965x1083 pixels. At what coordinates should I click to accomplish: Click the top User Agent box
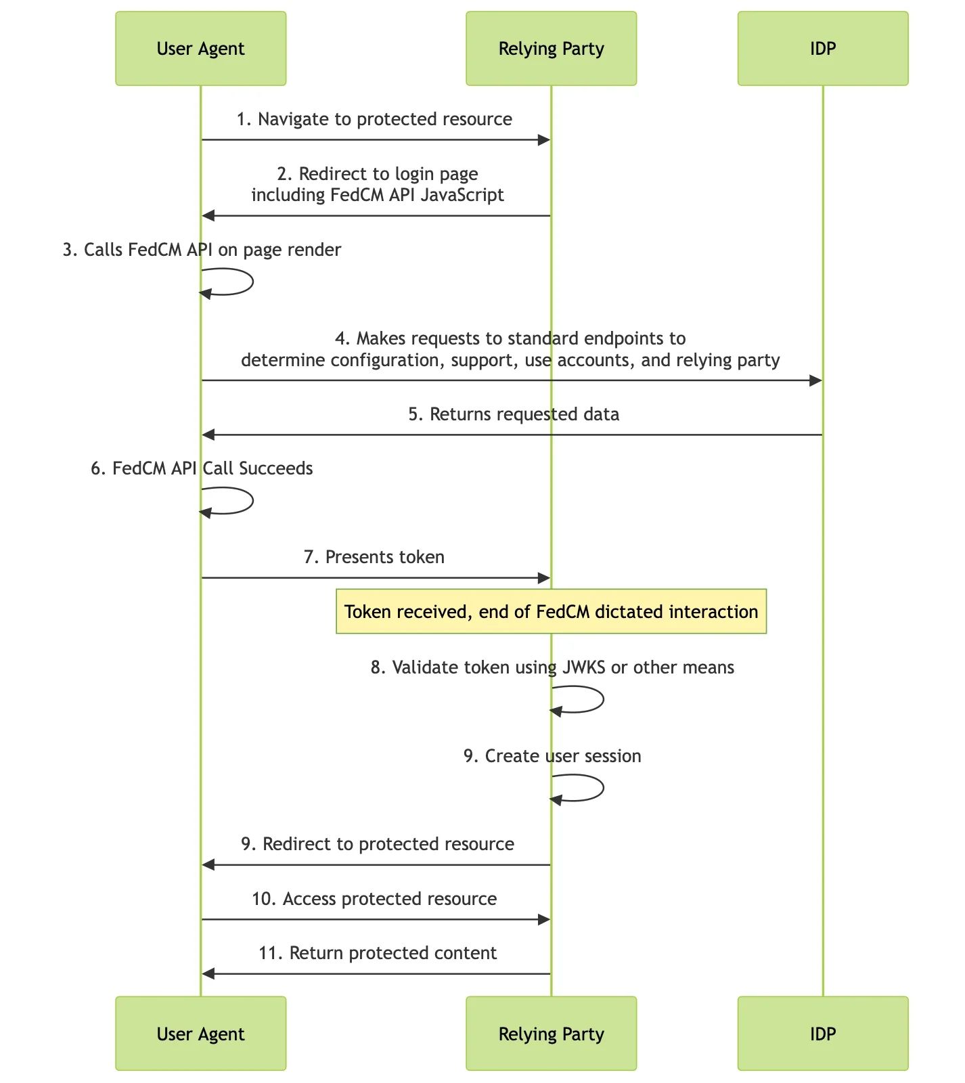click(201, 48)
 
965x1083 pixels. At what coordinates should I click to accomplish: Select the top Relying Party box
click(552, 48)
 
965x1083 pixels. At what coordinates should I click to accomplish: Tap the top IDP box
click(823, 48)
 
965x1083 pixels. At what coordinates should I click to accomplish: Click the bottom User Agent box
click(201, 1033)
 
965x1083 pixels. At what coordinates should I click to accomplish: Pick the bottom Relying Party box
click(552, 1033)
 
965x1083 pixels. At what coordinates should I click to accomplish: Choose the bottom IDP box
click(823, 1033)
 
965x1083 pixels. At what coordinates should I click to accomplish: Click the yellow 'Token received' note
click(552, 611)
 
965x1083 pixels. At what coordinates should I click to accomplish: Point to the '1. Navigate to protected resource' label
click(374, 119)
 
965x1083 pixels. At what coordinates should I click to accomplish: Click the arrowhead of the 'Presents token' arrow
click(544, 578)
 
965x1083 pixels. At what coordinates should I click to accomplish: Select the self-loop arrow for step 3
click(253, 282)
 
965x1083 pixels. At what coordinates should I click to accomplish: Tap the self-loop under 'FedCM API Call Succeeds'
click(253, 501)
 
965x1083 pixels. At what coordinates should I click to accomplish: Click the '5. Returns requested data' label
click(514, 414)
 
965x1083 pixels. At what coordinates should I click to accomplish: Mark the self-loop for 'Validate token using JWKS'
click(603, 699)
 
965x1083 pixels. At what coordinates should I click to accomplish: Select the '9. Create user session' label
click(552, 756)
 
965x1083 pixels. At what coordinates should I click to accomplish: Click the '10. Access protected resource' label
click(374, 899)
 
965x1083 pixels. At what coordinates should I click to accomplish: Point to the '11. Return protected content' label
click(378, 953)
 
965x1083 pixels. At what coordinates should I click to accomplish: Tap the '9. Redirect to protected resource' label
click(378, 844)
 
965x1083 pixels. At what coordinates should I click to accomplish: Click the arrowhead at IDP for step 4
click(815, 380)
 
